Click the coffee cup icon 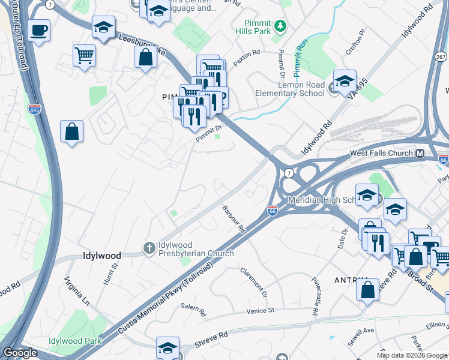(40, 30)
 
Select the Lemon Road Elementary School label (290, 89)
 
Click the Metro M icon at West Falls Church (420, 153)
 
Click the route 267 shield (440, 56)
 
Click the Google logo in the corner (19, 353)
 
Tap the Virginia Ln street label (76, 290)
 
